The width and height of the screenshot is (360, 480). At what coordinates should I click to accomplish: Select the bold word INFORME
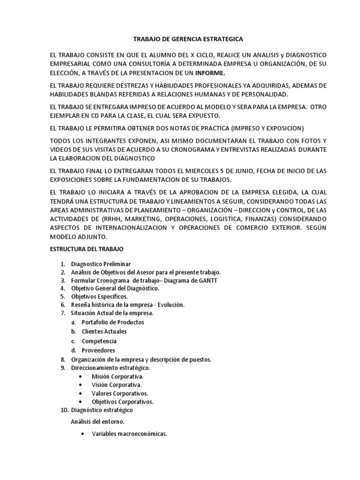210,73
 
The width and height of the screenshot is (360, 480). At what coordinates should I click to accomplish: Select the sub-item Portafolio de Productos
112,322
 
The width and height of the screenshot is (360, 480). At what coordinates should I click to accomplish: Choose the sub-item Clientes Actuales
104,331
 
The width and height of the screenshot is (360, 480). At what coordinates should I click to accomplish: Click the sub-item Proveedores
98,350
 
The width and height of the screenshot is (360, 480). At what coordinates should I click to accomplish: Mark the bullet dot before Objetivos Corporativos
82,402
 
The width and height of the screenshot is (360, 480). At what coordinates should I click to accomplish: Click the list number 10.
64,410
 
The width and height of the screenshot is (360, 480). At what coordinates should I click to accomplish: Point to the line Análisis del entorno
97,421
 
